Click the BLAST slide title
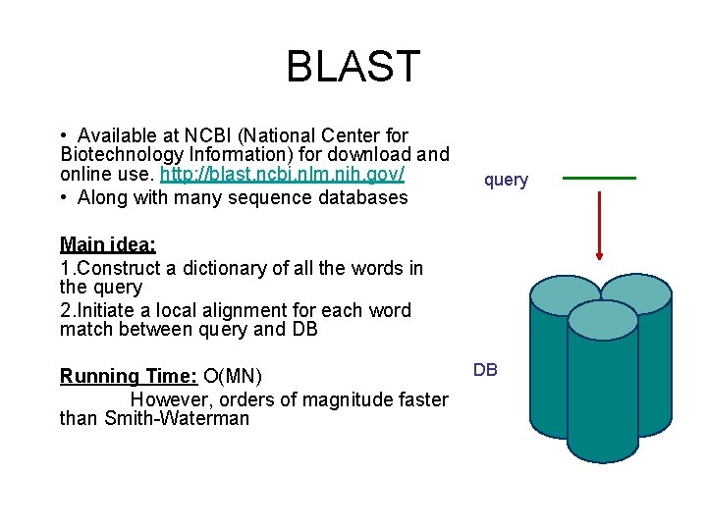(353, 67)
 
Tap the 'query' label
(506, 180)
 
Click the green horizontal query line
(599, 178)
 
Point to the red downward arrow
(599, 226)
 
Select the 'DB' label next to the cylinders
(485, 370)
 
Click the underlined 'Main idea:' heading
(108, 244)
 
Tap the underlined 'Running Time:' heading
(129, 376)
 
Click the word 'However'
(168, 399)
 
